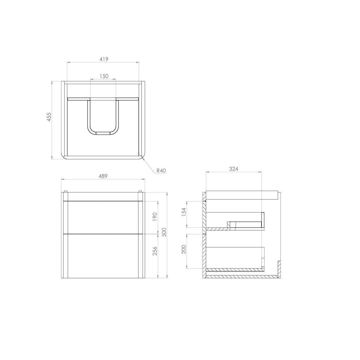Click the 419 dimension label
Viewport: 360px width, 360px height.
(x=103, y=59)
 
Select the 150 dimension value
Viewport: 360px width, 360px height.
(x=103, y=76)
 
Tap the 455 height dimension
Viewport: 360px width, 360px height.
(x=49, y=117)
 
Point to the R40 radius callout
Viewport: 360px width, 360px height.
(x=161, y=171)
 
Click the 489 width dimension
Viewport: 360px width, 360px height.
(x=103, y=176)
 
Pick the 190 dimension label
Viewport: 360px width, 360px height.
(x=154, y=217)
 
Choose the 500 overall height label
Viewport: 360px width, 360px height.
(x=164, y=232)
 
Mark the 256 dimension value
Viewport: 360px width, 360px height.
(x=154, y=251)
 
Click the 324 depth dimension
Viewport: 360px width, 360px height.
(x=233, y=169)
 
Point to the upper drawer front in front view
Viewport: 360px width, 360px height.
(x=103, y=217)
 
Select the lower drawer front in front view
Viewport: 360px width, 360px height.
(x=103, y=255)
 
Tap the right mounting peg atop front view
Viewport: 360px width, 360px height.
(x=141, y=192)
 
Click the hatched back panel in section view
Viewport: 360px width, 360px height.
(x=204, y=236)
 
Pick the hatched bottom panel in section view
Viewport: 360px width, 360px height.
(x=242, y=276)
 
